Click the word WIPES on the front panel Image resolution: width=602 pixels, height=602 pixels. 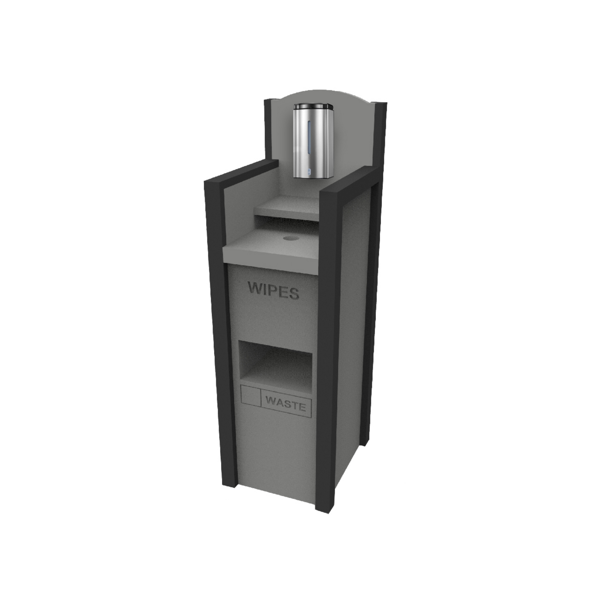click(273, 290)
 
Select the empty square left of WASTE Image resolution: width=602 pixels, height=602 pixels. click(250, 396)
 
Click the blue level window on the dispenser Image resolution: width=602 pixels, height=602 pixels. click(310, 138)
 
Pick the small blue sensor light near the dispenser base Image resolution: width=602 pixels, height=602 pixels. click(309, 171)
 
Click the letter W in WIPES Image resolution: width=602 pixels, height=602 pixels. click(255, 287)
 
